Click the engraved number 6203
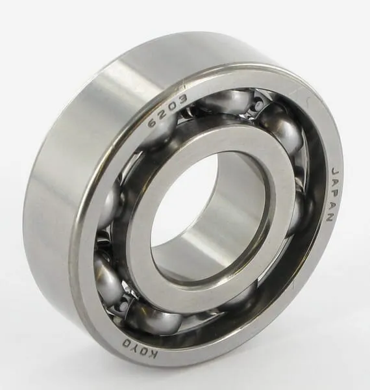coord(167,110)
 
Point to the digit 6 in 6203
coord(153,122)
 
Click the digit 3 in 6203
coord(182,100)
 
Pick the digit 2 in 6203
coord(162,115)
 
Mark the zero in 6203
coord(171,107)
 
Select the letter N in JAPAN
coord(330,216)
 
